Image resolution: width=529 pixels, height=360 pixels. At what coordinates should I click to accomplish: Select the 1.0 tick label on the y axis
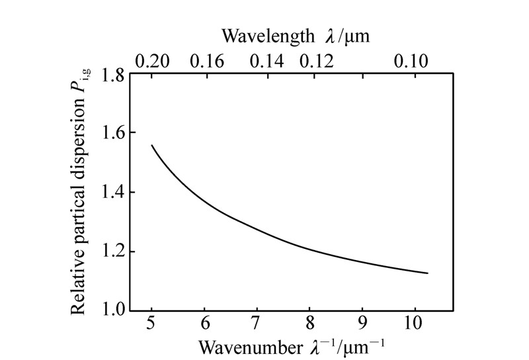[113, 310]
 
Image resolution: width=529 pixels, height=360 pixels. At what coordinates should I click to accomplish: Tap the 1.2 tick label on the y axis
[113, 251]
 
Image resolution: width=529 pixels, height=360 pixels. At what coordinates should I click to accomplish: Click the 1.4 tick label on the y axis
[113, 193]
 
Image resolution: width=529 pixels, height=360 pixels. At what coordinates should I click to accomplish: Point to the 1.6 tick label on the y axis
[113, 134]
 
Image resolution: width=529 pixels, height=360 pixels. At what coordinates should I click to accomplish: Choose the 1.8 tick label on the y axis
[113, 75]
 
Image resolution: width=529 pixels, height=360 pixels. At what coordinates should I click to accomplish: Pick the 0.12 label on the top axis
[316, 62]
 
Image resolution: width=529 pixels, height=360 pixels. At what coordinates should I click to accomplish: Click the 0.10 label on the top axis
[411, 62]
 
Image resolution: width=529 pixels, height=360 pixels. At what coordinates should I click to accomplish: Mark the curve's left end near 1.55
[152, 145]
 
